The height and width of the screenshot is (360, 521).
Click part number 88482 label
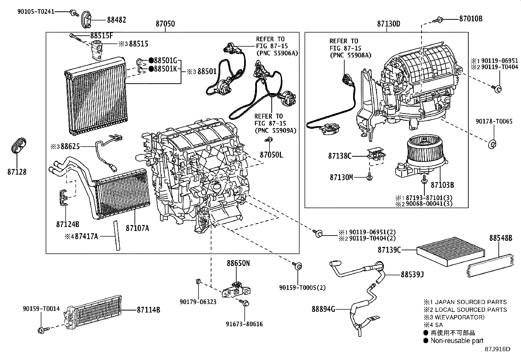click(x=117, y=20)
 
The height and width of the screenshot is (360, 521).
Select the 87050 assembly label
click(x=165, y=24)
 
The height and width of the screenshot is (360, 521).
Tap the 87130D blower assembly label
click(x=388, y=24)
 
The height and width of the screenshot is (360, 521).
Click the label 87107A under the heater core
click(x=137, y=228)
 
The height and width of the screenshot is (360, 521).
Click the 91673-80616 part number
click(x=244, y=324)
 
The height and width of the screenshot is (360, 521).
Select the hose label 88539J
click(x=412, y=275)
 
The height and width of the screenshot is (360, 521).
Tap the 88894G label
click(x=323, y=309)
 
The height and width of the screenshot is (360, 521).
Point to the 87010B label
click(x=471, y=19)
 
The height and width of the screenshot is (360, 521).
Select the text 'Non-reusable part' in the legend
click(x=457, y=341)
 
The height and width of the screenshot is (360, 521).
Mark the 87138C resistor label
click(x=340, y=156)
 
